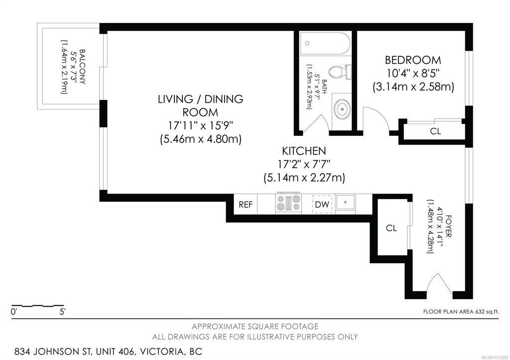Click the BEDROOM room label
pos(413,60)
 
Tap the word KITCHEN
pos(304,151)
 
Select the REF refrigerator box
pos(246,204)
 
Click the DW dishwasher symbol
pos(322,204)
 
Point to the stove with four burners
pos(288,203)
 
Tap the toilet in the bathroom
pos(340,72)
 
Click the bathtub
pos(325,43)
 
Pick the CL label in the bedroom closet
pos(435,131)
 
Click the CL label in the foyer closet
pos(391,228)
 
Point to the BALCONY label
pos(83,67)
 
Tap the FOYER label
pos(448,226)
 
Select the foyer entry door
pos(439,285)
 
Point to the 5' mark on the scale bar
pos(62,312)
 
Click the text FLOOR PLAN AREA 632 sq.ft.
pos(461,312)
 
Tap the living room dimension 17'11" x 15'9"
pos(200,125)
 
